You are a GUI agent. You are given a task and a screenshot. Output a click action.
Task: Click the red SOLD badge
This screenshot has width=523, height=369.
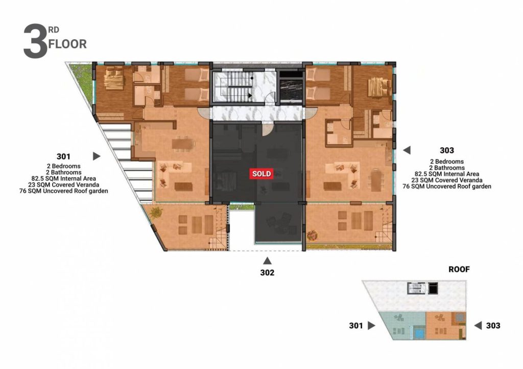261,174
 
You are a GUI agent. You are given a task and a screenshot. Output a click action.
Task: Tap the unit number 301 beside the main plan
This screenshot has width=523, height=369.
63,156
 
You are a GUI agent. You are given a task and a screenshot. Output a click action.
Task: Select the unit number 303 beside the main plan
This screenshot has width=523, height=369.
446,150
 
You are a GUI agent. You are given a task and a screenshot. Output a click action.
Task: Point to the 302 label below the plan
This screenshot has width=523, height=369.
267,273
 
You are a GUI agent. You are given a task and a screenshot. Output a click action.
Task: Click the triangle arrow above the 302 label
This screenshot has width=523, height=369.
267,260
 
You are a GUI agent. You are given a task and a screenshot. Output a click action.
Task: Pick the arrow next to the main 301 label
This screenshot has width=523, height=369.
97,156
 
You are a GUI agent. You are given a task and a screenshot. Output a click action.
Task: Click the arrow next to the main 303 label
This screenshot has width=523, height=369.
407,150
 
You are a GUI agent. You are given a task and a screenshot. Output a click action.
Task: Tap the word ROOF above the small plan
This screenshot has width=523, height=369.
459,269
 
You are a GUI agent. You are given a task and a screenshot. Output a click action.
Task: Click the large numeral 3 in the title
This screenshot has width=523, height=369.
35,41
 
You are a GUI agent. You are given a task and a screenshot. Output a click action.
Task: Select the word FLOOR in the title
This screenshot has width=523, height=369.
68,44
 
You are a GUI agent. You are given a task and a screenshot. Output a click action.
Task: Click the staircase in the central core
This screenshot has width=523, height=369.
233,87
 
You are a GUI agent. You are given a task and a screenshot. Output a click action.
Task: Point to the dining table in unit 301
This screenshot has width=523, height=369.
183,144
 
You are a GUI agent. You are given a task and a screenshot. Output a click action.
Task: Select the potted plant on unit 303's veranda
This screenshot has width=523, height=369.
313,235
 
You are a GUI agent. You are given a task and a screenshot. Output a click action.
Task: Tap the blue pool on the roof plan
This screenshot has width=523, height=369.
418,332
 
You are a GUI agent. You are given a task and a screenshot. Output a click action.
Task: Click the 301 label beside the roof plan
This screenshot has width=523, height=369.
356,325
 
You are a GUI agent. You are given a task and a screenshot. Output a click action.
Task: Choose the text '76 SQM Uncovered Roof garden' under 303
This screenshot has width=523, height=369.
446,187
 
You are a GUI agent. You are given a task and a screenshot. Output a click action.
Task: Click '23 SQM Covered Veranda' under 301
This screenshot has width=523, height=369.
63,184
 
